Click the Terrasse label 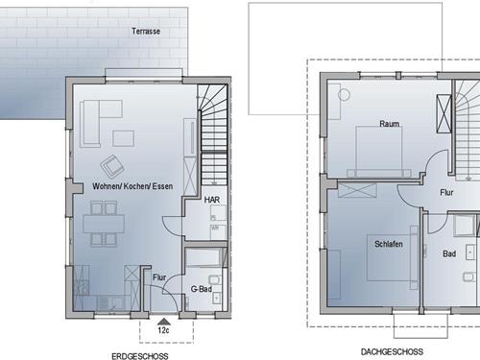(x=146, y=32)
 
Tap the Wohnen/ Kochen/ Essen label (x=132, y=186)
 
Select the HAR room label (x=212, y=200)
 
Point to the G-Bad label (x=202, y=289)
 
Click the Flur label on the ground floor (x=159, y=277)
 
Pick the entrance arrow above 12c (x=164, y=322)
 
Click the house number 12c (x=163, y=330)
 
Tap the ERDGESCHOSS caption (x=140, y=356)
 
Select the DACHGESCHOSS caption (x=392, y=352)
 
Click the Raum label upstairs (x=390, y=124)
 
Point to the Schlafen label (x=389, y=244)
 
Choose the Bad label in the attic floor (x=449, y=253)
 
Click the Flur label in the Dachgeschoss (x=446, y=192)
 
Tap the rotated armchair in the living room (x=112, y=166)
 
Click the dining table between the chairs (x=104, y=224)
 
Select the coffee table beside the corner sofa (x=123, y=138)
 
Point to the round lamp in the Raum (x=345, y=95)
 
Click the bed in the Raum (x=379, y=152)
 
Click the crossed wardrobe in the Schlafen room (x=357, y=191)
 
